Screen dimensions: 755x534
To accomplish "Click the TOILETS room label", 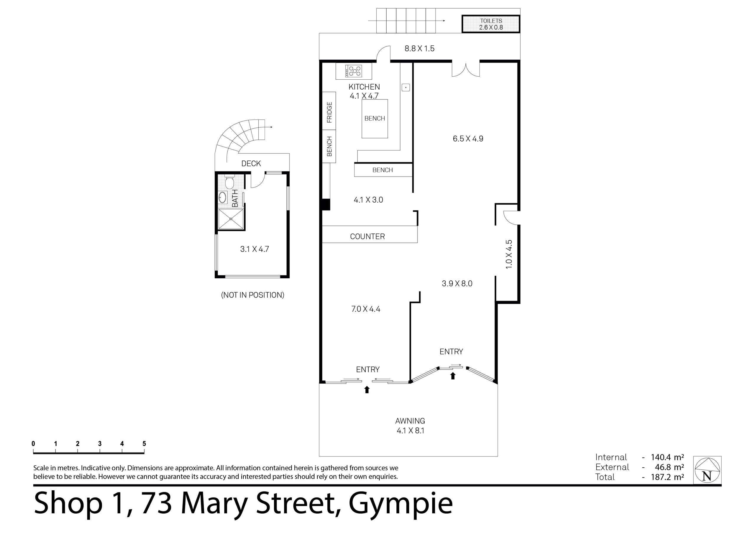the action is coord(491,21).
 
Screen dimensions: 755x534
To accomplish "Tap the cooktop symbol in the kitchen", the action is coord(354,71).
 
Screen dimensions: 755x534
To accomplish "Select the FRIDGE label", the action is coord(329,112).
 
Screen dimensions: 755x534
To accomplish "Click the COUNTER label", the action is coord(367,236).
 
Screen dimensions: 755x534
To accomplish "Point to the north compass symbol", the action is coord(707,470).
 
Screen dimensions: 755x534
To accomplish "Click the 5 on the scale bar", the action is coord(144,443).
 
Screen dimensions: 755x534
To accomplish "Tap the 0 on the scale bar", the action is coord(33,443).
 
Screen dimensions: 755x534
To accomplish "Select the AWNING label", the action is coord(410,421).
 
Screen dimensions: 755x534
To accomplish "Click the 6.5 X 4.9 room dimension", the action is coord(468,139).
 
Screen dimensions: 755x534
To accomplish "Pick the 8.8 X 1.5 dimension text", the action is coord(419,49).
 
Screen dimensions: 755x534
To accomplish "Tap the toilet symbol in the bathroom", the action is coord(229,182).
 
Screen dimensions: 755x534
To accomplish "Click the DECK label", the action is coord(251,163).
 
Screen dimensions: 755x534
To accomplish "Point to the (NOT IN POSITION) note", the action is coord(252,295).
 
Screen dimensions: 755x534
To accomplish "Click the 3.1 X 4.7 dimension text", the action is coord(255,249).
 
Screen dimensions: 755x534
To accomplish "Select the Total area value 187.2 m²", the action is coord(667,477).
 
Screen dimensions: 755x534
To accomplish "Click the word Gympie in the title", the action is coord(401,503).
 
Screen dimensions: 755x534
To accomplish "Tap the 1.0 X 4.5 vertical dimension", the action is coord(509,254).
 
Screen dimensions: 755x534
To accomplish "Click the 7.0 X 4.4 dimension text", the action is coord(366,309).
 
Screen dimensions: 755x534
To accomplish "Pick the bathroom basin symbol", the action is coord(222,198).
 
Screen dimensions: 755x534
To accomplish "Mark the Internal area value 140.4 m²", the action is coord(667,457).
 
